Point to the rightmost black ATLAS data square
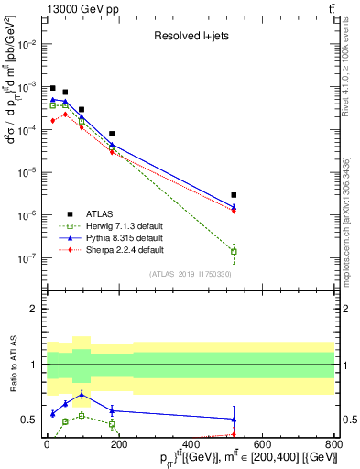click(235, 195)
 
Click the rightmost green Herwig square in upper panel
click(235, 251)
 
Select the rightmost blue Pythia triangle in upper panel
click(235, 207)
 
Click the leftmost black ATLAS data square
click(53, 88)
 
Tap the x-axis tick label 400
click(191, 442)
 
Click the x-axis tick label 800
click(334, 442)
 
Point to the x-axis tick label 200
click(119, 442)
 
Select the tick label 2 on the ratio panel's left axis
click(33, 309)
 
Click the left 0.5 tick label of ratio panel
click(30, 420)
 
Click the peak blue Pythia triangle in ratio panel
click(82, 395)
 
